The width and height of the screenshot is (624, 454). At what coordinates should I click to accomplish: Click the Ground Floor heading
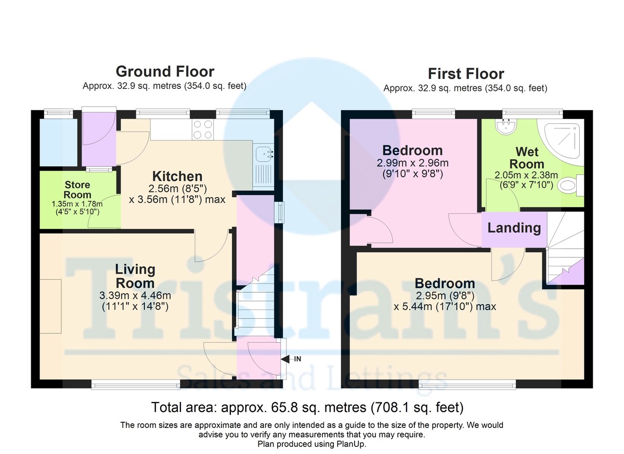pyautogui.click(x=164, y=71)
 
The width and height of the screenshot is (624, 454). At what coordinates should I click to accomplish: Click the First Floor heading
pyautogui.click(x=465, y=74)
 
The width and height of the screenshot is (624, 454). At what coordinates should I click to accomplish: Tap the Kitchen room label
pyautogui.click(x=177, y=176)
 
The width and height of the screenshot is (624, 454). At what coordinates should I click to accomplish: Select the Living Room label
pyautogui.click(x=135, y=276)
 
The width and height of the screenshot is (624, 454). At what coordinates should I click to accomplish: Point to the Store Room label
pyautogui.click(x=77, y=190)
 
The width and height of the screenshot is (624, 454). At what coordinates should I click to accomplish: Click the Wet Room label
pyautogui.click(x=527, y=158)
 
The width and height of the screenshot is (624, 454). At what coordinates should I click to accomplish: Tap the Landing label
pyautogui.click(x=514, y=228)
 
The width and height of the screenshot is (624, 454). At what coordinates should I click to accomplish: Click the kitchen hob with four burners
pyautogui.click(x=202, y=129)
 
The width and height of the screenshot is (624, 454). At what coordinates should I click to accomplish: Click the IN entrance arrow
pyautogui.click(x=291, y=359)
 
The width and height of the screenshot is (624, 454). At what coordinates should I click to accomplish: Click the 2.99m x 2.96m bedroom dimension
pyautogui.click(x=412, y=163)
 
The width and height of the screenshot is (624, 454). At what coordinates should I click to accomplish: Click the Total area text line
pyautogui.click(x=307, y=406)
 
